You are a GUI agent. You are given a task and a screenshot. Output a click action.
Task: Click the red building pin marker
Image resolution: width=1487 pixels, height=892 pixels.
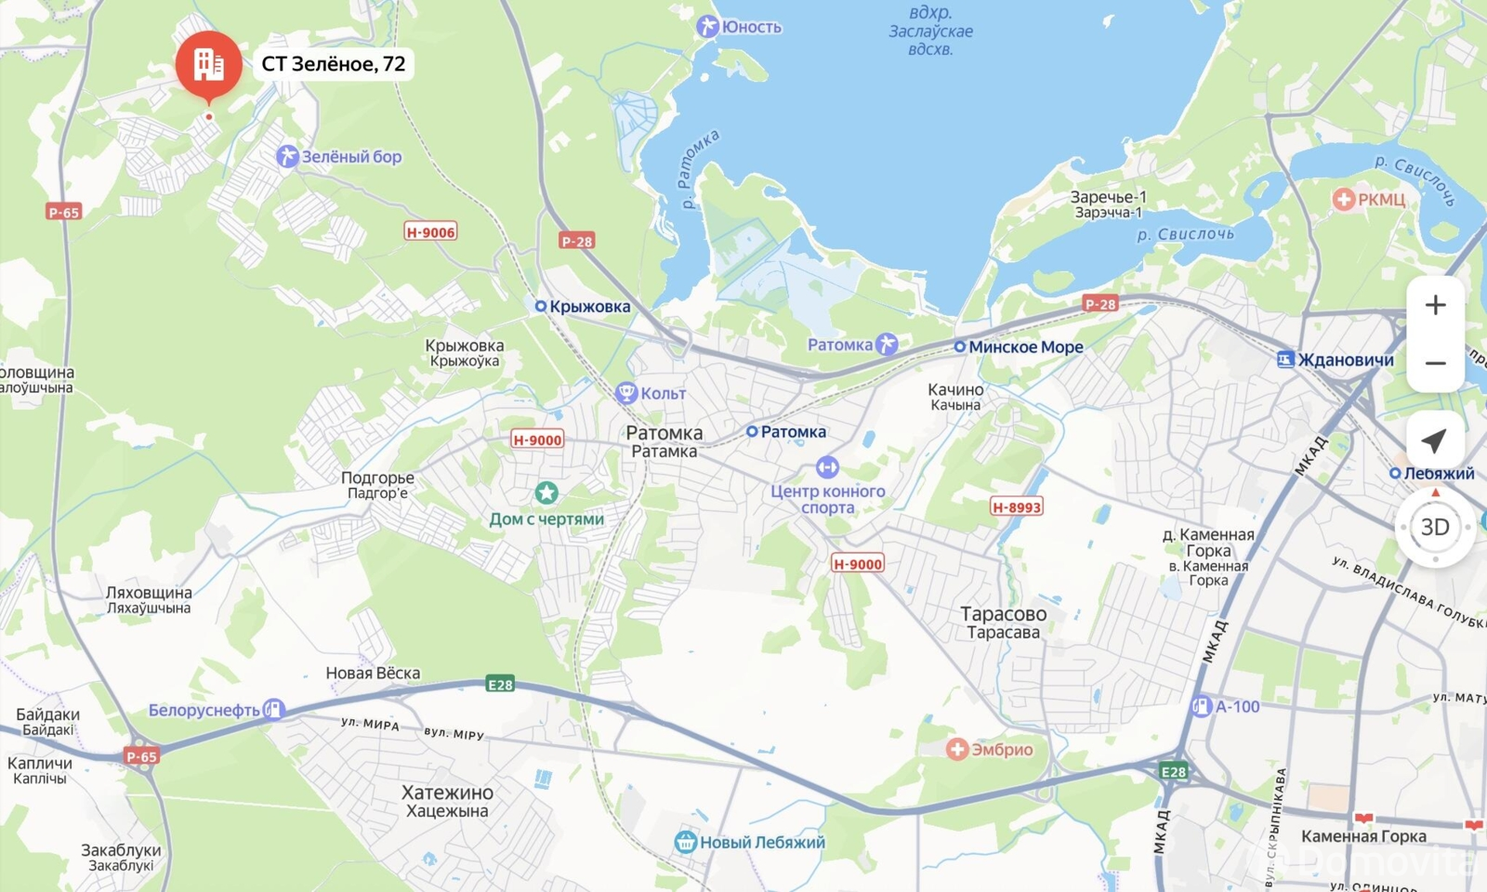point(208,63)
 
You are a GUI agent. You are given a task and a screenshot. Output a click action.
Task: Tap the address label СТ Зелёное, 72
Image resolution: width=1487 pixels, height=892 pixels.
point(334,64)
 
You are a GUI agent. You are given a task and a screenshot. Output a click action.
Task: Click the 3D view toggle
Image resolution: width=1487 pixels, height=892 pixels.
point(1434,527)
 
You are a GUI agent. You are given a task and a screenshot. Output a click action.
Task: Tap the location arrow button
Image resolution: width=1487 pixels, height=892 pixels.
point(1434,440)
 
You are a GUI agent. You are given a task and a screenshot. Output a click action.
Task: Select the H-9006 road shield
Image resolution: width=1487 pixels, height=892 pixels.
point(430,232)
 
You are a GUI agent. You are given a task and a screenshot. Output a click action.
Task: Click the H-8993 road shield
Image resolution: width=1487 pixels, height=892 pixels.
point(1017,506)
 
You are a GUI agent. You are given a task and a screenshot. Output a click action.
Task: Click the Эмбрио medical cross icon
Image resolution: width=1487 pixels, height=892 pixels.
point(957,749)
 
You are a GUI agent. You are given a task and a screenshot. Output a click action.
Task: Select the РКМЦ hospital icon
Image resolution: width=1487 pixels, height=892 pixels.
point(1343,199)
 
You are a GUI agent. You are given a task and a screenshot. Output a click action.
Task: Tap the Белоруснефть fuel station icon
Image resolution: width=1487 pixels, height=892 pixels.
point(273,710)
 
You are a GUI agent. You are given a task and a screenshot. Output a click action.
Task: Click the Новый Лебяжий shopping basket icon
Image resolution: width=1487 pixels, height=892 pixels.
point(686,842)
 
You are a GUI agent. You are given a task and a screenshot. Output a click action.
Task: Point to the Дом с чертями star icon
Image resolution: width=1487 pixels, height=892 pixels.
point(546,492)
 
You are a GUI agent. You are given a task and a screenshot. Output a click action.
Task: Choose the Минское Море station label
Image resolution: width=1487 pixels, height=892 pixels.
point(1025,347)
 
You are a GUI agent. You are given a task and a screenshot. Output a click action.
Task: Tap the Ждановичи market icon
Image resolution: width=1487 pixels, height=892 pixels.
point(1285,360)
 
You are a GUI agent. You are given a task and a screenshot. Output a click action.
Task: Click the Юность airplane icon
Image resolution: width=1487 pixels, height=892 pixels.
point(707,27)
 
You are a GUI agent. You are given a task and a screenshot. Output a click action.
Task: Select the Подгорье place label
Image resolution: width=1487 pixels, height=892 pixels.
point(377,478)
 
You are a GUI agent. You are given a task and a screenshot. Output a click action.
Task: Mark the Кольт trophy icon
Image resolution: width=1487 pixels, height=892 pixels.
point(625,393)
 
